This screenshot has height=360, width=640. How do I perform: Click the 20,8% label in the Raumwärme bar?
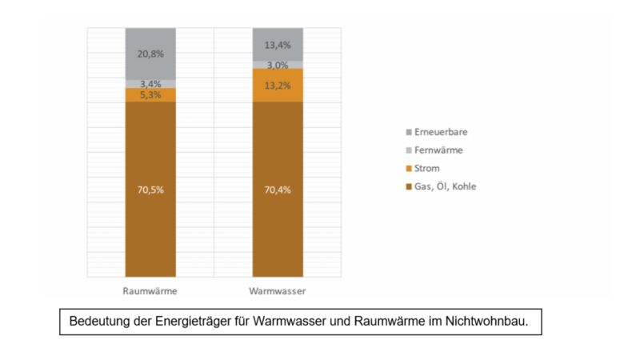point(150,54)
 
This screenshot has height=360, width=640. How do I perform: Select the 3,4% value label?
point(150,83)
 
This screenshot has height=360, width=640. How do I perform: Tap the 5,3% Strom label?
point(150,94)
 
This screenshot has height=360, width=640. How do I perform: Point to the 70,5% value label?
point(150,190)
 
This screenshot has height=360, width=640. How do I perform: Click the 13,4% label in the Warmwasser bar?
point(277,45)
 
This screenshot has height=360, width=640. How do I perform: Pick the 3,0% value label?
point(277,66)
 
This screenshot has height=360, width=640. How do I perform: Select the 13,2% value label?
point(277,85)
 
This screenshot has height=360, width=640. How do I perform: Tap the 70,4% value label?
point(277,190)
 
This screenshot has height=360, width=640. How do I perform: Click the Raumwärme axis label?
point(150,290)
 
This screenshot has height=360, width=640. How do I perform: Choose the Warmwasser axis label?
point(277,290)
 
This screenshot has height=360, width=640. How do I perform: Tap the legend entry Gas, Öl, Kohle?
point(449,186)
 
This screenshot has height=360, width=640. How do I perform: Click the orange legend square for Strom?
point(410,168)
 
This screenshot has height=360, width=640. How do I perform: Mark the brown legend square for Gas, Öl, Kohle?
point(410,186)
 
